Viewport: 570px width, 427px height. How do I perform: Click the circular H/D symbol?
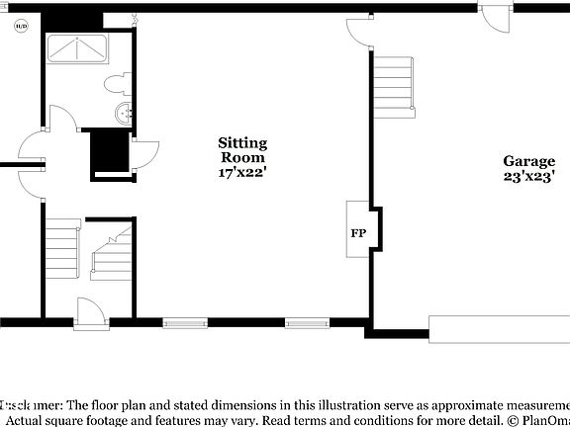pyautogui.click(x=21, y=28)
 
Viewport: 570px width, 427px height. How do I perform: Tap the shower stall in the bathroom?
pyautogui.click(x=77, y=48)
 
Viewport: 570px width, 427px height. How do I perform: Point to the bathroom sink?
pyautogui.click(x=121, y=114)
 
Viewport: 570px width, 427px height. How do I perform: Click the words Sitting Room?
pyautogui.click(x=242, y=150)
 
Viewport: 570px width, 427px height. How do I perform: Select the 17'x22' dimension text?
pyautogui.click(x=242, y=173)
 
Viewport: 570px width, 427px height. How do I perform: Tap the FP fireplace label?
pyautogui.click(x=358, y=234)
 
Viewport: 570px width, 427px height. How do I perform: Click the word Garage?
pyautogui.click(x=528, y=161)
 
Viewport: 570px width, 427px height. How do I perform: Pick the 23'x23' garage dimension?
pyautogui.click(x=528, y=177)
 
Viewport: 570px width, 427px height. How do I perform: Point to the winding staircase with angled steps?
pyautogui.click(x=111, y=249)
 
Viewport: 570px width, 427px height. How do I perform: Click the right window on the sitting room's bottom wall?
pyautogui.click(x=304, y=322)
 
